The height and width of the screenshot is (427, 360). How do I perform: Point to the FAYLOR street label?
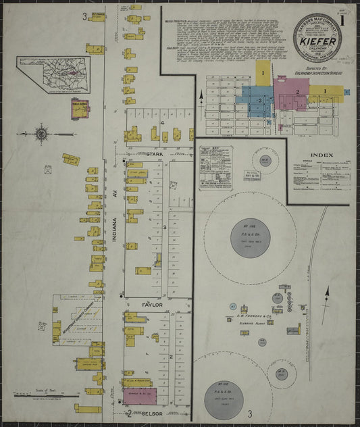pyautogui.click(x=153, y=305)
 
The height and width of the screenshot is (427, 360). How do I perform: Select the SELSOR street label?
pyautogui.click(x=153, y=411)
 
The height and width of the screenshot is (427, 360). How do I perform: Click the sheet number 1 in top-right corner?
pyautogui.click(x=345, y=18)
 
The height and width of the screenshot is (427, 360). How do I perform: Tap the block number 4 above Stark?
pyautogui.click(x=163, y=124)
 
